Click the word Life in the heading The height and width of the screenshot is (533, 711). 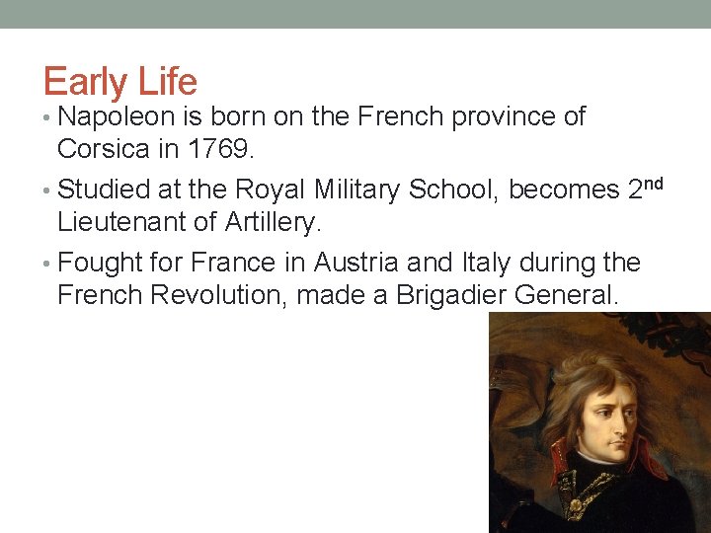click(169, 81)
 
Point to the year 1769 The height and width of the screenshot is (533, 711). click(225, 149)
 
